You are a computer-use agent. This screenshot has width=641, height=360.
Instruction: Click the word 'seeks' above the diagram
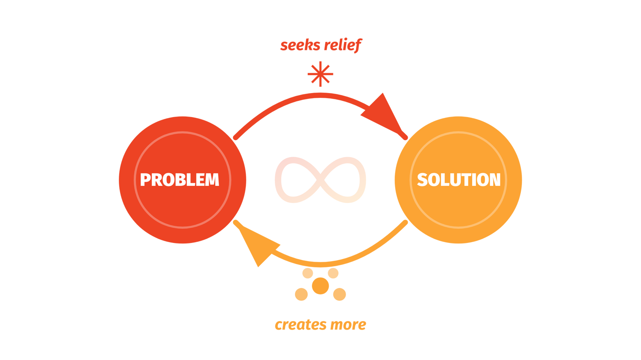[x=297, y=45]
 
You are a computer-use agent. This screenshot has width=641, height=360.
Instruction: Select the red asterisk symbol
[x=320, y=74]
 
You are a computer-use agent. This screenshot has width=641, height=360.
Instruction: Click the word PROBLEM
[x=179, y=180]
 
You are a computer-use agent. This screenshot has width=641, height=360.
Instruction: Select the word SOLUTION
[x=459, y=180]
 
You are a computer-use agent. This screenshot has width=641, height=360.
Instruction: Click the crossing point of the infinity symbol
[x=320, y=180]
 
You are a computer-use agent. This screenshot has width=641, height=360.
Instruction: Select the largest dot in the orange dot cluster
[x=320, y=286]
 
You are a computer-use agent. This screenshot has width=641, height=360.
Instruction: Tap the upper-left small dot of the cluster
[x=308, y=273]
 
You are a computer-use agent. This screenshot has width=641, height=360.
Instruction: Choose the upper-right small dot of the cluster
[x=333, y=273]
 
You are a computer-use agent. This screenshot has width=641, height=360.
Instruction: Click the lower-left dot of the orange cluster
[x=301, y=294]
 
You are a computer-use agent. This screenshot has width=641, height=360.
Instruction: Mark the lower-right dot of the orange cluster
[x=339, y=294]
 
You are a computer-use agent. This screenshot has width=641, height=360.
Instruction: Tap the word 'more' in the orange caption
[x=348, y=325]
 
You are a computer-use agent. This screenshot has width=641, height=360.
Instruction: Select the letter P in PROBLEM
[x=146, y=180]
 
